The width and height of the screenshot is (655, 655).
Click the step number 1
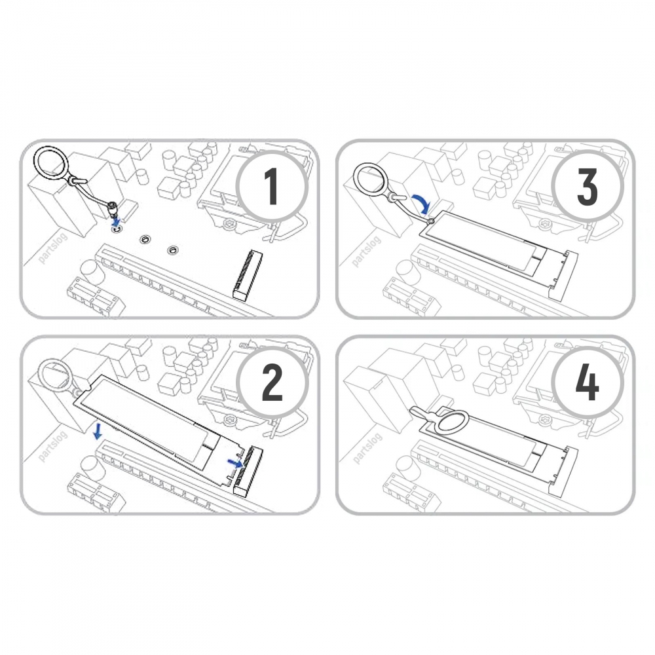pos(272,187)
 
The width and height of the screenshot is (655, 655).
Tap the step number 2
pos(272,383)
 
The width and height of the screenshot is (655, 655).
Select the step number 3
pos(588,187)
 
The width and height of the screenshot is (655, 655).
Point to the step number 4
pos(588,383)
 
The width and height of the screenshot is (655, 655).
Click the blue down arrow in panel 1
pos(117,219)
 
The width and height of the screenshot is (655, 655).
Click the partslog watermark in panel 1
pos(52,251)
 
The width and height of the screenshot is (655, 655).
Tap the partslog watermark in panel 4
pos(367,448)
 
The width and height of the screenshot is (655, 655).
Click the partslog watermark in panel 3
pos(366,252)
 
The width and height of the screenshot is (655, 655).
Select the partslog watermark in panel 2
pos(52,447)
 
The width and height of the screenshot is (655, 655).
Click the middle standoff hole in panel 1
pos(145,239)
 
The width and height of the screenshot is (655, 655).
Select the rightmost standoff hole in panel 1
pos(172,250)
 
